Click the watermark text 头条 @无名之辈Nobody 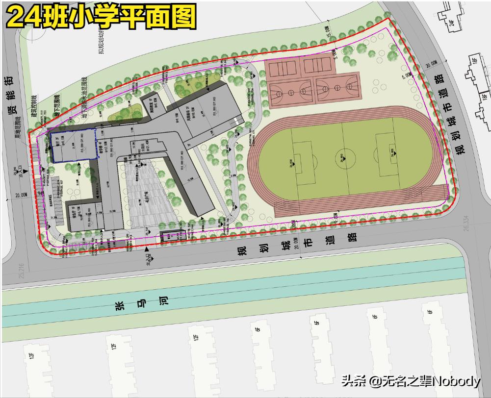tap(411, 380)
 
